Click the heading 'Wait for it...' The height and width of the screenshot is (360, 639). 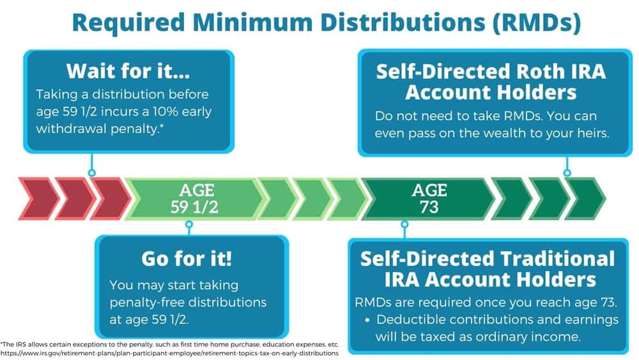(x=128, y=71)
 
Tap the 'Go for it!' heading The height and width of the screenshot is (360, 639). (x=187, y=258)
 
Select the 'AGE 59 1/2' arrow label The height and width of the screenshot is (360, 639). (x=194, y=199)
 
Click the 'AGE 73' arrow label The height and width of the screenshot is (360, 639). (x=429, y=199)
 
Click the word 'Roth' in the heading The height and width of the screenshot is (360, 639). (x=531, y=72)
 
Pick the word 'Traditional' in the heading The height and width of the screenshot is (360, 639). (x=557, y=258)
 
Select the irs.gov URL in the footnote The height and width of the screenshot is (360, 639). (x=169, y=353)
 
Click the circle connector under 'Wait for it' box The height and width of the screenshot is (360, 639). (x=91, y=173)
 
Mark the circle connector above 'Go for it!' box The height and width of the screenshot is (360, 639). (x=189, y=224)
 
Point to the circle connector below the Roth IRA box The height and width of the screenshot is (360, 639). (x=567, y=173)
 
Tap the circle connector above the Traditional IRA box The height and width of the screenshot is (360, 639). (x=404, y=224)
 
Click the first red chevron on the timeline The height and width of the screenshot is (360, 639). (x=39, y=199)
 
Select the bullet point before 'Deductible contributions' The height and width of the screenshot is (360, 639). (x=367, y=320)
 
